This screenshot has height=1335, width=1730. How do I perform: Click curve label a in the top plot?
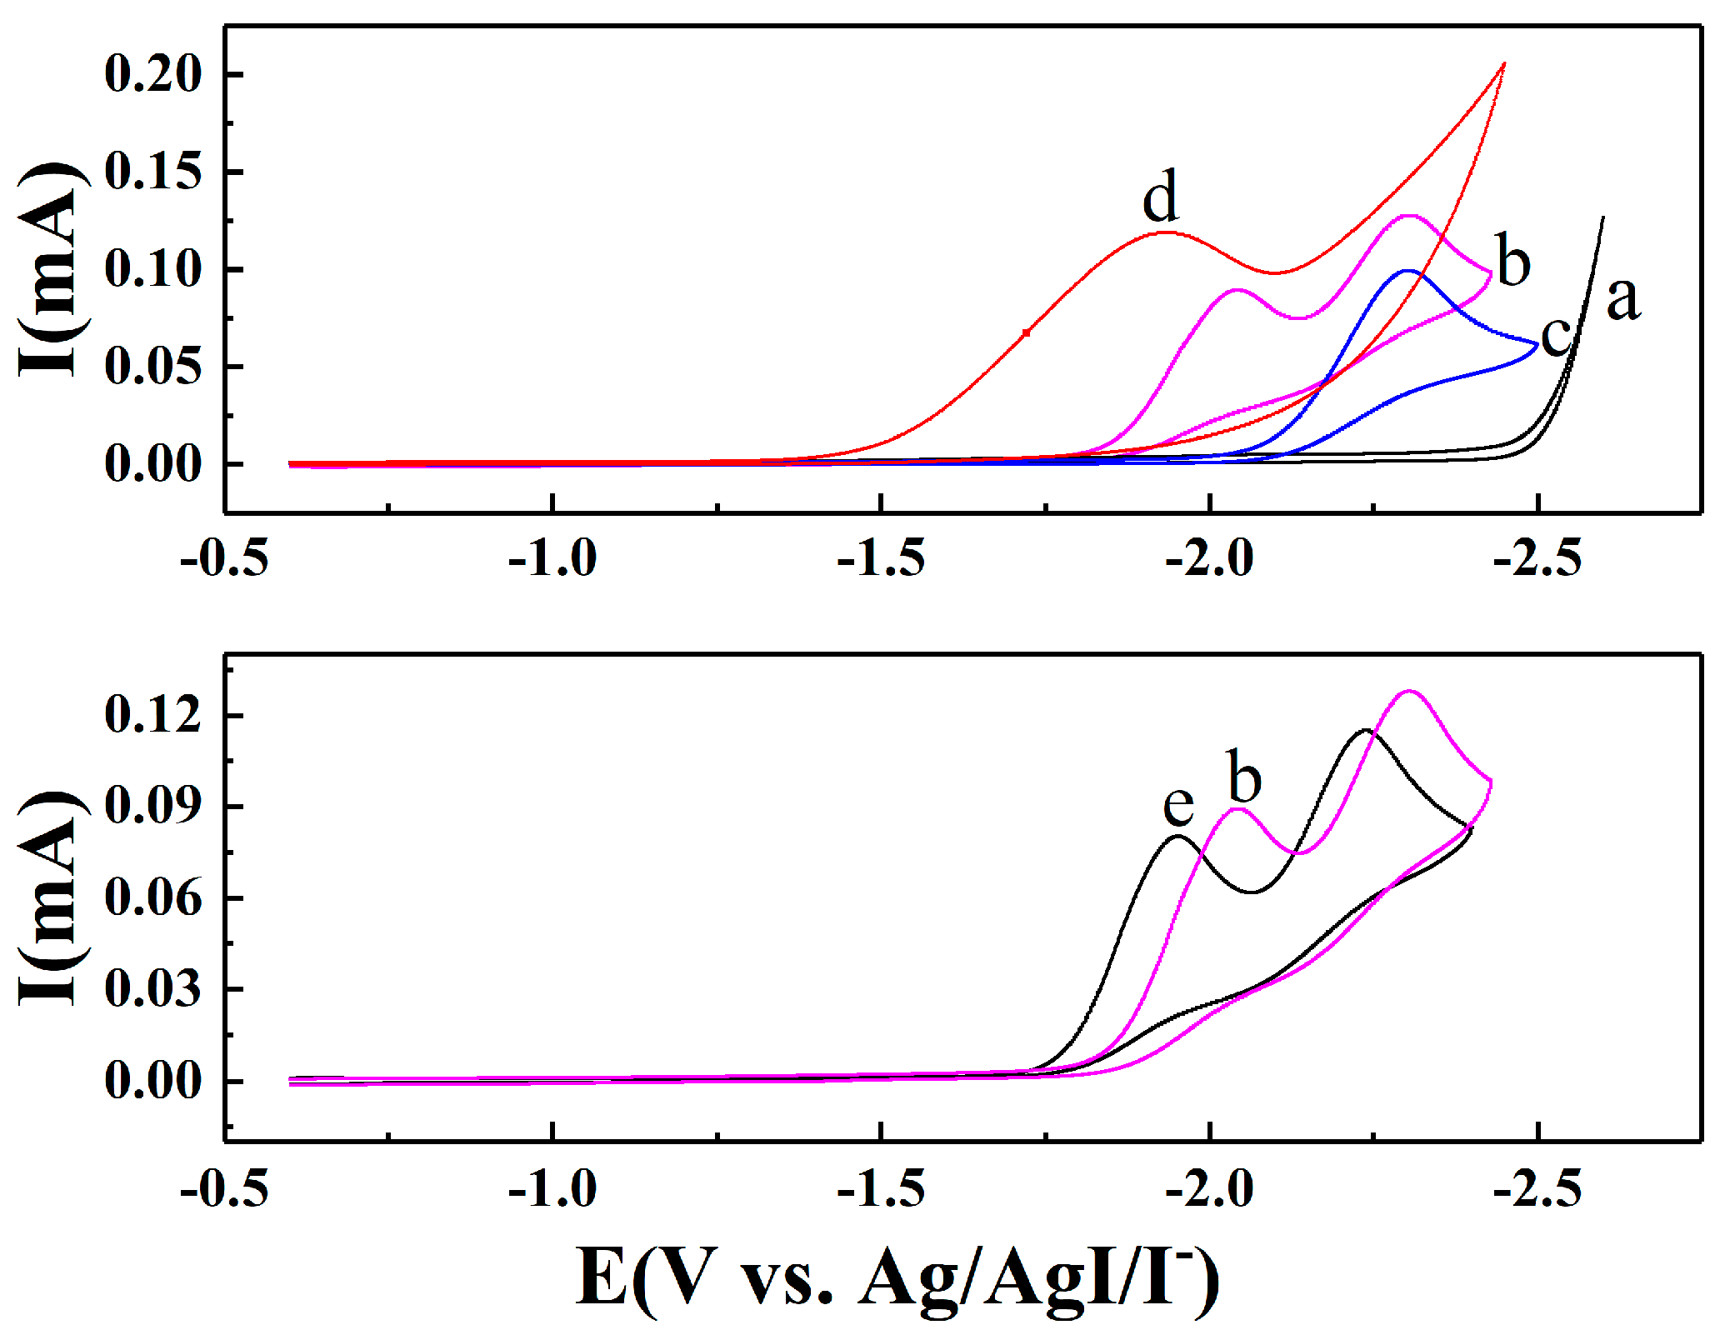click(1622, 298)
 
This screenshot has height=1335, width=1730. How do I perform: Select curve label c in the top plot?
click(1555, 337)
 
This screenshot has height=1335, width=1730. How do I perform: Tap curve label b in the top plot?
click(1513, 261)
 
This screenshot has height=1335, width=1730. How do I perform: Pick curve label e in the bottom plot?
click(1178, 804)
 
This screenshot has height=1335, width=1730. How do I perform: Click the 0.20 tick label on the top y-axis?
click(153, 73)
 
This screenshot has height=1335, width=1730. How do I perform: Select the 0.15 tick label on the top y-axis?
click(153, 172)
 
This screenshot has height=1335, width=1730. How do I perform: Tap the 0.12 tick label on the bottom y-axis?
click(153, 715)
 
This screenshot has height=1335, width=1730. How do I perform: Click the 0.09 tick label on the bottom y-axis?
click(153, 806)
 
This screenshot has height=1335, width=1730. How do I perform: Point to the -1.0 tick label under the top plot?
click(552, 558)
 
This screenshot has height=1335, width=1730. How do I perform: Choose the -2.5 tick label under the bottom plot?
click(1537, 1189)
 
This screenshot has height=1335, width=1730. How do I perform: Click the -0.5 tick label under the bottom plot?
click(224, 1189)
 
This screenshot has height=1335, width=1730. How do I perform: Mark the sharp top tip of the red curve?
click(1504, 63)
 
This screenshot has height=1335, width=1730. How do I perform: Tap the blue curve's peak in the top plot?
click(1408, 271)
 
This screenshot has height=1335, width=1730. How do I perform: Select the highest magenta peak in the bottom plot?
click(1409, 691)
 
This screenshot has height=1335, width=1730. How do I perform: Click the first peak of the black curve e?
click(1177, 836)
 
